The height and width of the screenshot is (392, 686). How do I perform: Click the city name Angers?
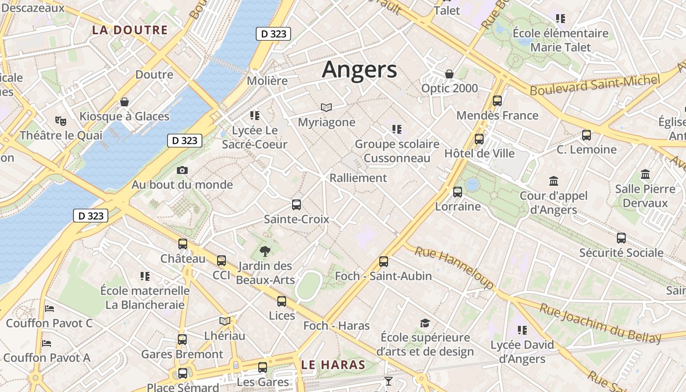[x=359, y=70]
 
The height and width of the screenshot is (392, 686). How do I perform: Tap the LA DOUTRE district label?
[x=130, y=30]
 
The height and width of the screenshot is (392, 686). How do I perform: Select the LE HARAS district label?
[x=333, y=365]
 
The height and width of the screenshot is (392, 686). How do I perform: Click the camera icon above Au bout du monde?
[x=182, y=170]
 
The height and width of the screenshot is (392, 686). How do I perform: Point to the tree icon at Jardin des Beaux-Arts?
[x=265, y=252]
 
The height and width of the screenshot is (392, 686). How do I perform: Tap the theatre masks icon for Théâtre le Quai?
[x=61, y=121]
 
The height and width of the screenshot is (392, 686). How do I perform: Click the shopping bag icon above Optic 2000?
[x=449, y=74]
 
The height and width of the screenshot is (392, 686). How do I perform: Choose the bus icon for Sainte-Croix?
[x=296, y=205]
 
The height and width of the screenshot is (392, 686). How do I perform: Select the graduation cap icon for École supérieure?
[x=425, y=323]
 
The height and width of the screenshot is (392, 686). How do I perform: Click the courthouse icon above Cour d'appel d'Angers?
[x=554, y=181]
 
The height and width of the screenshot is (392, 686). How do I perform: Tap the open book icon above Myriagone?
[x=326, y=107]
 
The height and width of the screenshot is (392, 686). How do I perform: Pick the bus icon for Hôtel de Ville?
[x=479, y=139]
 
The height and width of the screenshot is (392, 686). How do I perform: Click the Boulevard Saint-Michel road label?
[x=595, y=85]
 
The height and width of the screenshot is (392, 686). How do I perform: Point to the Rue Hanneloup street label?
[x=454, y=268]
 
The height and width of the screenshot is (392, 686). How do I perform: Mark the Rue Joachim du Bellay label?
[x=600, y=323]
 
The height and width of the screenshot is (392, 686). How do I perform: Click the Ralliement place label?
[x=358, y=178]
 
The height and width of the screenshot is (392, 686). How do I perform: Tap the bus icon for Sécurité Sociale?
[x=621, y=238]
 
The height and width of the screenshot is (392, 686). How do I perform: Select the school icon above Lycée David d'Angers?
[x=522, y=330]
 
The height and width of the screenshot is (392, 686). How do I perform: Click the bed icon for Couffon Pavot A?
[x=47, y=343]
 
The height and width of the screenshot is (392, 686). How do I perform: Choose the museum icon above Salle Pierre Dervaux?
[x=645, y=174]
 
